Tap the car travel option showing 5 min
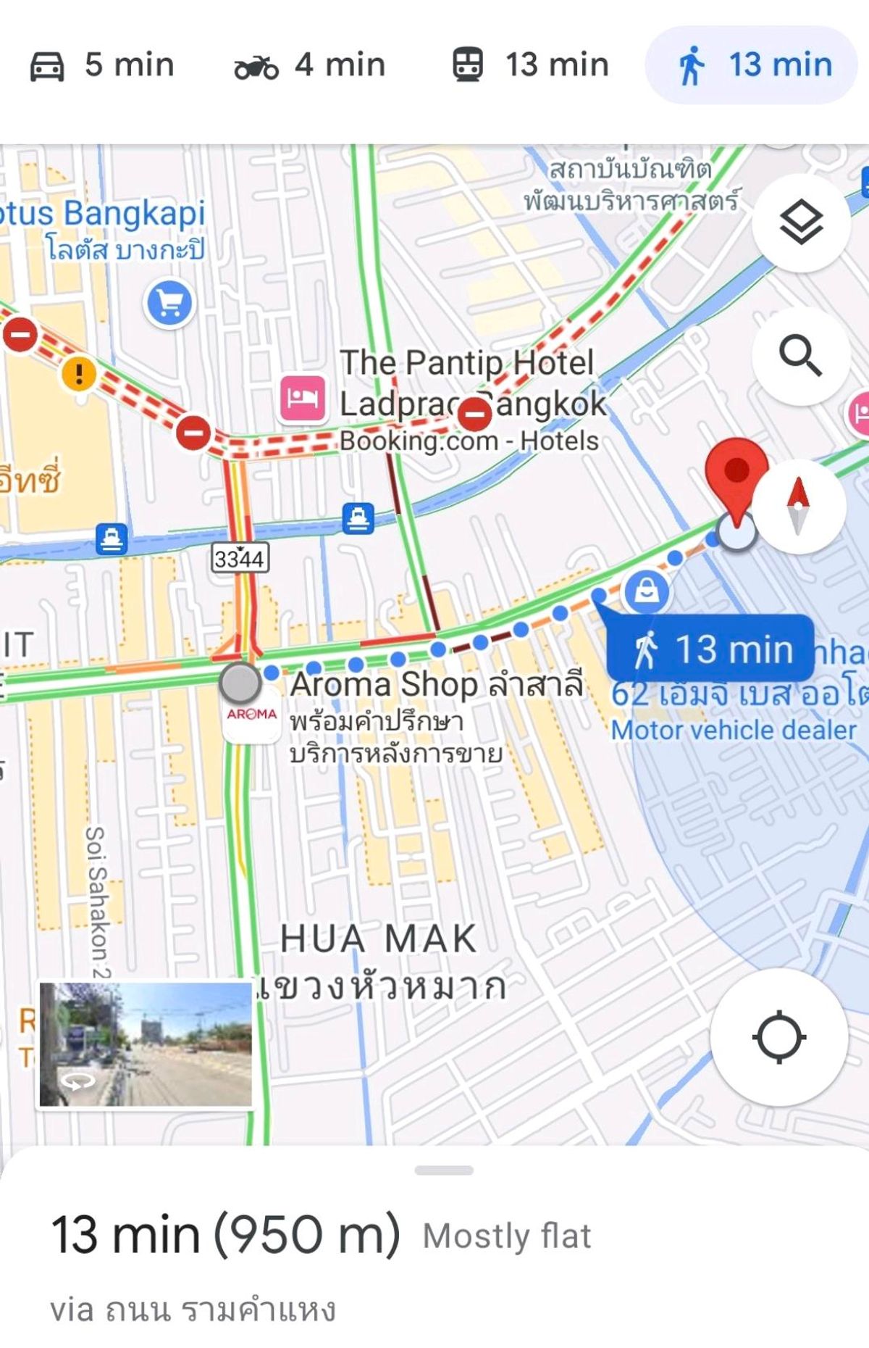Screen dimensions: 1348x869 pyautogui.click(x=101, y=65)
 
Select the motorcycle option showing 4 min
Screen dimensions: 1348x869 pyautogui.click(x=310, y=65)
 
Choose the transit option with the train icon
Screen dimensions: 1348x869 pyautogui.click(x=530, y=65)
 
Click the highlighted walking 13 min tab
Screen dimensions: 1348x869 pyautogui.click(x=752, y=65)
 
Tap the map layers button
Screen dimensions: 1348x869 pyautogui.click(x=800, y=222)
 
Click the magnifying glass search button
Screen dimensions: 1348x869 pyautogui.click(x=800, y=356)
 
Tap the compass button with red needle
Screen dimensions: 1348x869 pyautogui.click(x=798, y=506)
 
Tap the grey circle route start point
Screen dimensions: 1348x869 pyautogui.click(x=240, y=683)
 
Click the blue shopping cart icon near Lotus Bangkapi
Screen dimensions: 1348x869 pyautogui.click(x=170, y=303)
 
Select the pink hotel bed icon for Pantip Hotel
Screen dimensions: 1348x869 pyautogui.click(x=302, y=398)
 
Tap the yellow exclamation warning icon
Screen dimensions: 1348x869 pyautogui.click(x=79, y=374)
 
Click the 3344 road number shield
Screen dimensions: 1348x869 pyautogui.click(x=240, y=557)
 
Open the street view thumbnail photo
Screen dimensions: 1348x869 pyautogui.click(x=146, y=1044)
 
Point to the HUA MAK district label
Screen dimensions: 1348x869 pyautogui.click(x=379, y=939)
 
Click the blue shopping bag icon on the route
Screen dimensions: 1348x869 pyautogui.click(x=647, y=591)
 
